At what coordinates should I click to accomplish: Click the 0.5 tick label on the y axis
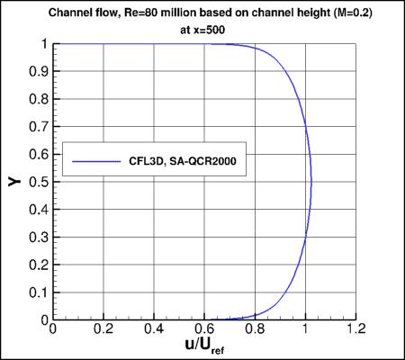[38, 182]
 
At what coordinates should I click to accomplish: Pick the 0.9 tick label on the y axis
[38, 71]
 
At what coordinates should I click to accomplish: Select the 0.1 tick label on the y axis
[38, 292]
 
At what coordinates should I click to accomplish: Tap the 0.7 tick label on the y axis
[38, 126]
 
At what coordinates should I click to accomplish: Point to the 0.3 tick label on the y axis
[38, 238]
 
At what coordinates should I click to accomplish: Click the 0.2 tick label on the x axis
[104, 330]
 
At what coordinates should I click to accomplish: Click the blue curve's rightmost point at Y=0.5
[311, 182]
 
